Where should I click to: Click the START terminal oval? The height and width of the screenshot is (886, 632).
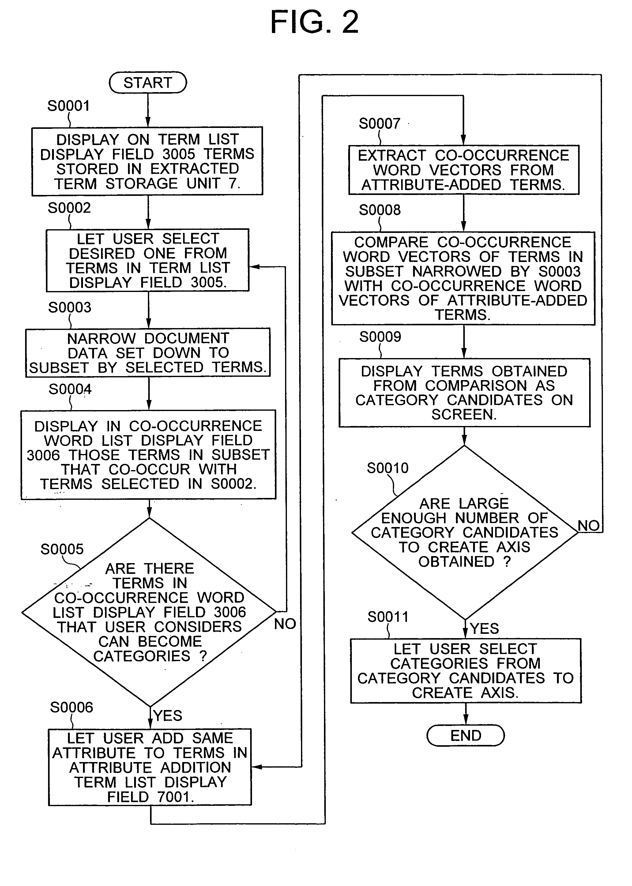click(148, 82)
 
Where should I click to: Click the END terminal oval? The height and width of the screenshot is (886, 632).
click(465, 735)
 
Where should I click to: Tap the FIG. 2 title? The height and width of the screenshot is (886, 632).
click(314, 22)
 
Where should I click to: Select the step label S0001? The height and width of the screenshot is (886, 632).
click(69, 106)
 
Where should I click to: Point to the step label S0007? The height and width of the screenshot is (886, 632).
click(379, 124)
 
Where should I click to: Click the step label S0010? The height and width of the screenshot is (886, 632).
click(388, 468)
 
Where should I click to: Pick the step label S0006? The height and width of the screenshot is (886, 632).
click(72, 707)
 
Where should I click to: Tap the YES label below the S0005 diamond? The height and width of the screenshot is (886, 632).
click(168, 715)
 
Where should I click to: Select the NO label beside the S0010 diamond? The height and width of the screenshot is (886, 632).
click(589, 525)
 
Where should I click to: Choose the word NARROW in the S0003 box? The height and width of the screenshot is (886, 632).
click(102, 338)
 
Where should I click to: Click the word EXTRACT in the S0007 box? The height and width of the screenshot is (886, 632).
click(392, 155)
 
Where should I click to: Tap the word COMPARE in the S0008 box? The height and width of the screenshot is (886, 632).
click(391, 242)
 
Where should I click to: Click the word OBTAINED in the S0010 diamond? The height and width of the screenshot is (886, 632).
click(456, 562)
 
